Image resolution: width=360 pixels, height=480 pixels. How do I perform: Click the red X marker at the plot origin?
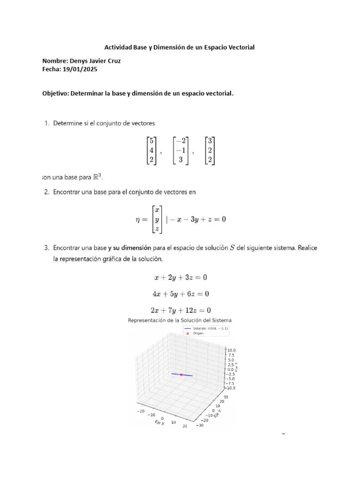[x=181, y=375]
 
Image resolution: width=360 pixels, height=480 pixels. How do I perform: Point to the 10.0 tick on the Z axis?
[x=232, y=350]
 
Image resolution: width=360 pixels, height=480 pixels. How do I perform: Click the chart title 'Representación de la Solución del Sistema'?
[x=180, y=320]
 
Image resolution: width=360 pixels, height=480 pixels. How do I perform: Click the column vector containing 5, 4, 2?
[x=151, y=150]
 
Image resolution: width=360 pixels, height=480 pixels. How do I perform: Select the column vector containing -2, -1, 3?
[x=180, y=150]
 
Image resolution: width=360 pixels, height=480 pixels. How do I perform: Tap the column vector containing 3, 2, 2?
[x=210, y=150]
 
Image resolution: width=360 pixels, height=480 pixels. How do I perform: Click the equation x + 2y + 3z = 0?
[x=181, y=277]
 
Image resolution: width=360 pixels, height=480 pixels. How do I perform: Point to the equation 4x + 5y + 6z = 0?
[x=180, y=293]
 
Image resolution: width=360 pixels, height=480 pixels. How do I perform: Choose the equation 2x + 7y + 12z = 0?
[x=180, y=310]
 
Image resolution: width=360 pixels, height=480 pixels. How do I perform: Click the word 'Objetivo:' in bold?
[x=55, y=93]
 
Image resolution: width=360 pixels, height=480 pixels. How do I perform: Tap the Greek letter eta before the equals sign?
[x=139, y=219]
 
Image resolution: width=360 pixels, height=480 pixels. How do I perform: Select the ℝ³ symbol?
[x=96, y=177]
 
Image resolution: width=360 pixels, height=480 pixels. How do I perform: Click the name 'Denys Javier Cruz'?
[x=98, y=61]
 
